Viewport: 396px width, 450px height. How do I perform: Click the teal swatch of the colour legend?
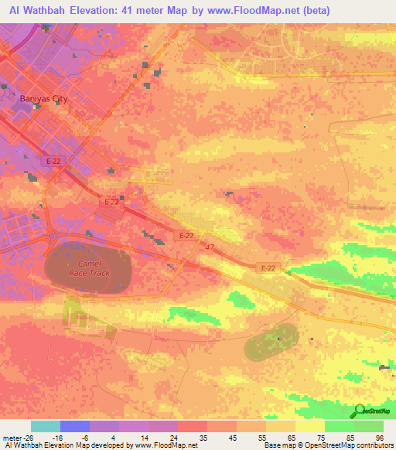(x=46, y=426)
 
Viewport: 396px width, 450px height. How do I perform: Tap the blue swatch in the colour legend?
(x=75, y=426)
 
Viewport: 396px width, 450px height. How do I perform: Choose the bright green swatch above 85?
(x=340, y=426)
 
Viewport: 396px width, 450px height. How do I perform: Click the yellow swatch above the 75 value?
(x=310, y=426)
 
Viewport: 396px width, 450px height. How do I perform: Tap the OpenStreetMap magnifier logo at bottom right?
(x=360, y=411)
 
